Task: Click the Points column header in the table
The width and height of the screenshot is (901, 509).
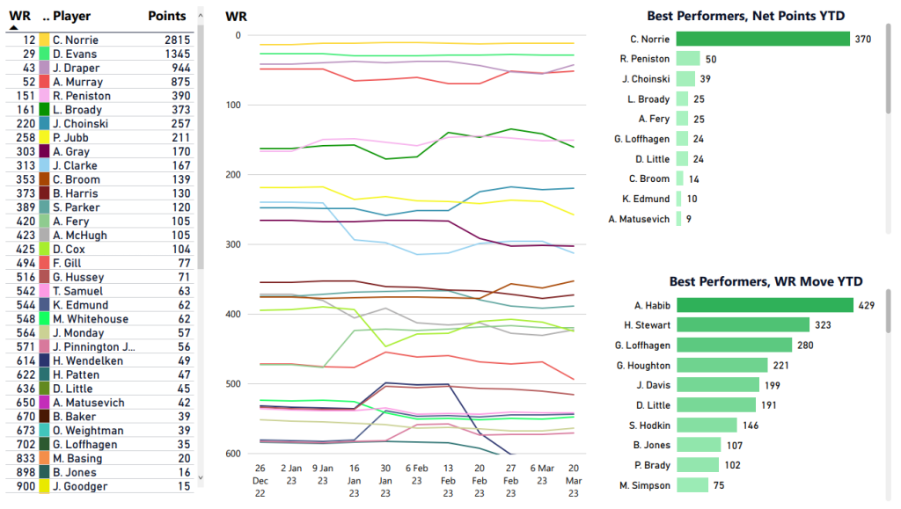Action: pyautogui.click(x=166, y=16)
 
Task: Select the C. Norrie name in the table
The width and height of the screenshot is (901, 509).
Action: pyautogui.click(x=76, y=40)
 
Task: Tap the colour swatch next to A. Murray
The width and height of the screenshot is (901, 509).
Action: pyautogui.click(x=44, y=82)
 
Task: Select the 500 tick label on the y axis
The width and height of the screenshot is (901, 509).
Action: pyautogui.click(x=233, y=384)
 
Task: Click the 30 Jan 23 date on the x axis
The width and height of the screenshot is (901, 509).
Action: pyautogui.click(x=385, y=480)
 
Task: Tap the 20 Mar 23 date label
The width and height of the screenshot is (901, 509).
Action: pyautogui.click(x=574, y=480)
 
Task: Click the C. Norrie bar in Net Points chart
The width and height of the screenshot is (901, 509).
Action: pyautogui.click(x=762, y=39)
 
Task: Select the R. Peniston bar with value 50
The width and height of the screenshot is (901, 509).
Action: pyautogui.click(x=687, y=59)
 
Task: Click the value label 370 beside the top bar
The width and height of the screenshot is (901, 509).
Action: pyautogui.click(x=863, y=39)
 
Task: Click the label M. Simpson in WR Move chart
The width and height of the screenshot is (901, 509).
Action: pyautogui.click(x=645, y=485)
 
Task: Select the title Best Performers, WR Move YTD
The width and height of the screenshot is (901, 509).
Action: pyautogui.click(x=765, y=281)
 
